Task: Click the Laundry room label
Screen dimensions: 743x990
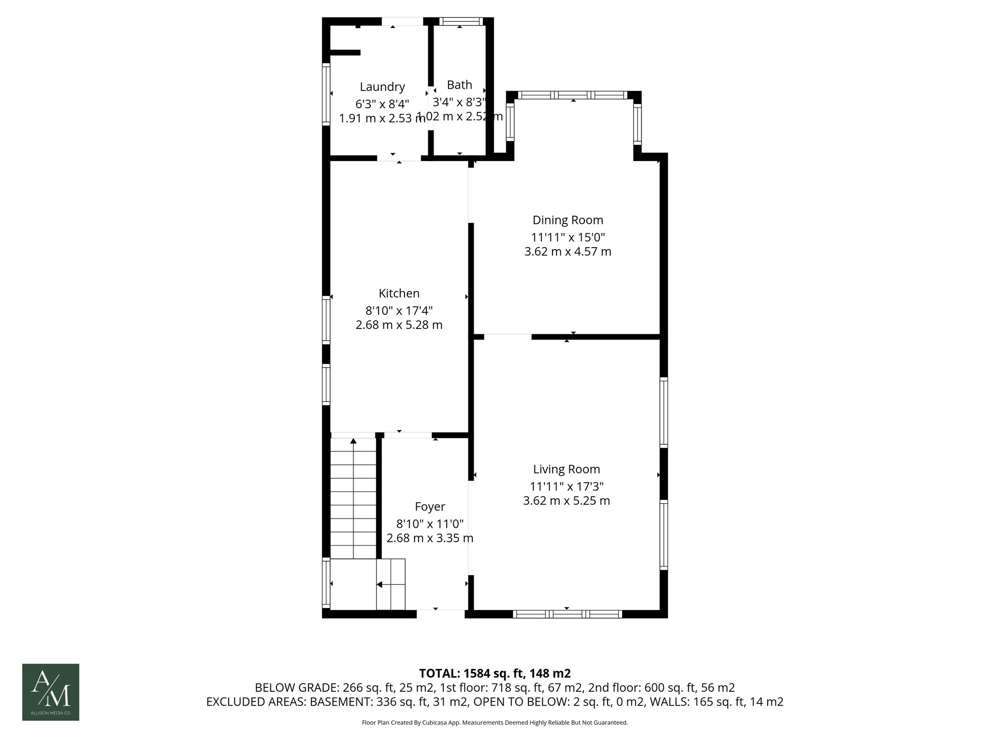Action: (x=382, y=87)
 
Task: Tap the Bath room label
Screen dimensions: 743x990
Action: (x=459, y=85)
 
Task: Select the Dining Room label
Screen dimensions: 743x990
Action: (x=568, y=220)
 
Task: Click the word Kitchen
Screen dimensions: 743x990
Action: (x=399, y=293)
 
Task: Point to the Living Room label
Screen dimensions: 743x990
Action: (x=566, y=469)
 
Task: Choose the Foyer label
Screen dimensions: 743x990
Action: (x=430, y=506)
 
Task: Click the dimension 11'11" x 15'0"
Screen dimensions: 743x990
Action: (x=568, y=237)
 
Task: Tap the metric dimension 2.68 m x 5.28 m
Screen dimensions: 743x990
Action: (x=399, y=325)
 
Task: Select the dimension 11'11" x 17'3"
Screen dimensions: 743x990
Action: (x=566, y=486)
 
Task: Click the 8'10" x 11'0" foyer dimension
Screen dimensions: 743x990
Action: (x=430, y=523)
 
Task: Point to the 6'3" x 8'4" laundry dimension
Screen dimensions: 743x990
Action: (x=382, y=104)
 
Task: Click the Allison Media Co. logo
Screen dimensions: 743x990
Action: (x=51, y=692)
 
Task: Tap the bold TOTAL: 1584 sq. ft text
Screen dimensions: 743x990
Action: (x=494, y=673)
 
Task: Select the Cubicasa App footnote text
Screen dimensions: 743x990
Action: (x=494, y=723)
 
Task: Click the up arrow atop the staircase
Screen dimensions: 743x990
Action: (x=353, y=441)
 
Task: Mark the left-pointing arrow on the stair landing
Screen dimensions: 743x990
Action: (x=379, y=584)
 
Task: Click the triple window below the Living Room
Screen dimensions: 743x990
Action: (x=567, y=614)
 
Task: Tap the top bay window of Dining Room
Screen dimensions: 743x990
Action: (x=573, y=95)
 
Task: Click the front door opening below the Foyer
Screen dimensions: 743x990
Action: (x=440, y=613)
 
